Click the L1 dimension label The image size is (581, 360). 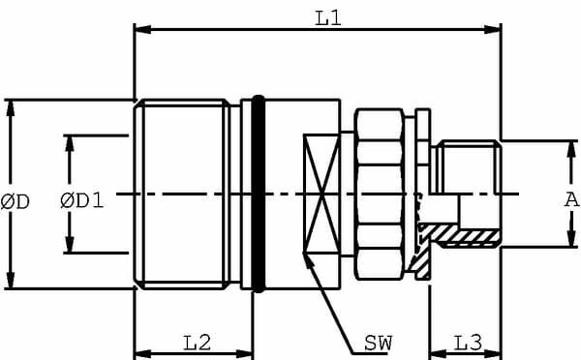click(327, 16)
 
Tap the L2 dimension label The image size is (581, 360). click(198, 342)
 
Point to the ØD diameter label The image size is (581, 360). click(16, 201)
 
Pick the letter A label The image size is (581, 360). click(571, 200)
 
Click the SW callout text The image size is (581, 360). click(379, 343)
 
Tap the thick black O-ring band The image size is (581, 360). click(257, 194)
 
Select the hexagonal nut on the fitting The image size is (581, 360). click(379, 194)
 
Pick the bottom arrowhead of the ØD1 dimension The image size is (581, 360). click(71, 247)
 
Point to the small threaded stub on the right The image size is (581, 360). click(467, 169)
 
